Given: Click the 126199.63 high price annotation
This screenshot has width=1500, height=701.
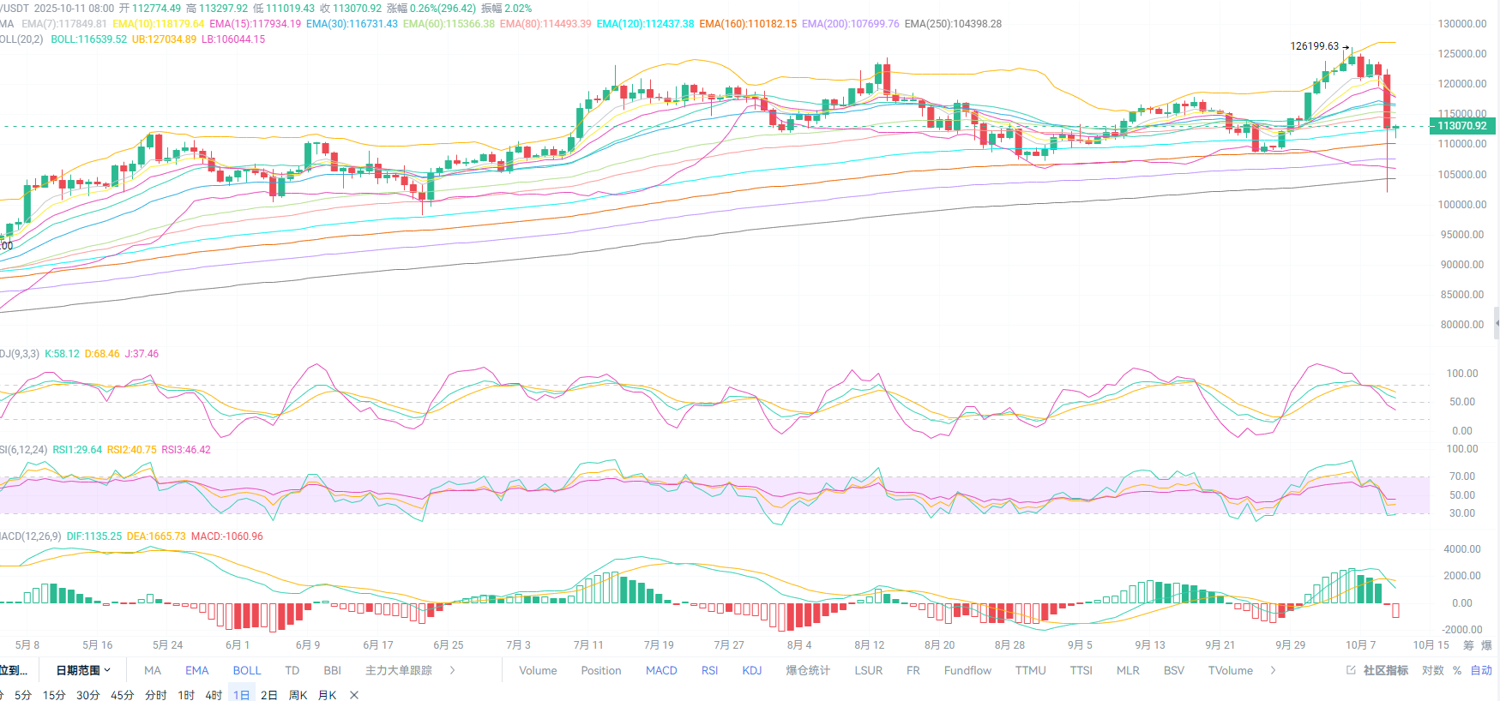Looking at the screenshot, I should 1314,46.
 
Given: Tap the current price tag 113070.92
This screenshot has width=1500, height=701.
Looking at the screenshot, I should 1461,126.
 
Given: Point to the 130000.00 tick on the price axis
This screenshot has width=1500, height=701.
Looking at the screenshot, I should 1461,24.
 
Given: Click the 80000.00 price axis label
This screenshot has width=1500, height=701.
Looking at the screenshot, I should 1461,325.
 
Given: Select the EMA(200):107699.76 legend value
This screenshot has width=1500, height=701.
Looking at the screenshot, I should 850,24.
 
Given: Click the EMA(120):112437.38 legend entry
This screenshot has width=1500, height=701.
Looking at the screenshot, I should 645,24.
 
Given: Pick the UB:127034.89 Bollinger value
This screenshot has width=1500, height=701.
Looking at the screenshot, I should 164,39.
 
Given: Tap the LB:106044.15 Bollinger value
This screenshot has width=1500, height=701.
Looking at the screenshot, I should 233,39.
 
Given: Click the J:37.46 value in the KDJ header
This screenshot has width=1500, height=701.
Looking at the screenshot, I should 142,354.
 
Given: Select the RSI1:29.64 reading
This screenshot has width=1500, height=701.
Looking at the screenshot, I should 77,450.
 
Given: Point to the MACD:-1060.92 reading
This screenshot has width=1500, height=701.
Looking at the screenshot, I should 226,536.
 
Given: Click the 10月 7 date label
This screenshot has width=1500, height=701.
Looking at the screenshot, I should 1360,645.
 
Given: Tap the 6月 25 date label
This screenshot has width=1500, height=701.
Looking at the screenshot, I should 448,645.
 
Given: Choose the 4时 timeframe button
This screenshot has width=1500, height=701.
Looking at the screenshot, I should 214,695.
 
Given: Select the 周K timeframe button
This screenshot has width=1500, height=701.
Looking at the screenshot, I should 298,695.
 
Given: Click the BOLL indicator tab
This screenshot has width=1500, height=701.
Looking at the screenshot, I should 246,671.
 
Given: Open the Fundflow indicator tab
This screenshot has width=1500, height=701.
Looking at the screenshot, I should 967,671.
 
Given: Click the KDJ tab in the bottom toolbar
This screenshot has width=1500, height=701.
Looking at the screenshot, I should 751,671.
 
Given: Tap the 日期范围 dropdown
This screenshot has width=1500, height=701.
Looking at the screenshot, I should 83,671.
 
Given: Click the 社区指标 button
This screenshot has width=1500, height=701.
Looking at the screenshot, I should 1378,671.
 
